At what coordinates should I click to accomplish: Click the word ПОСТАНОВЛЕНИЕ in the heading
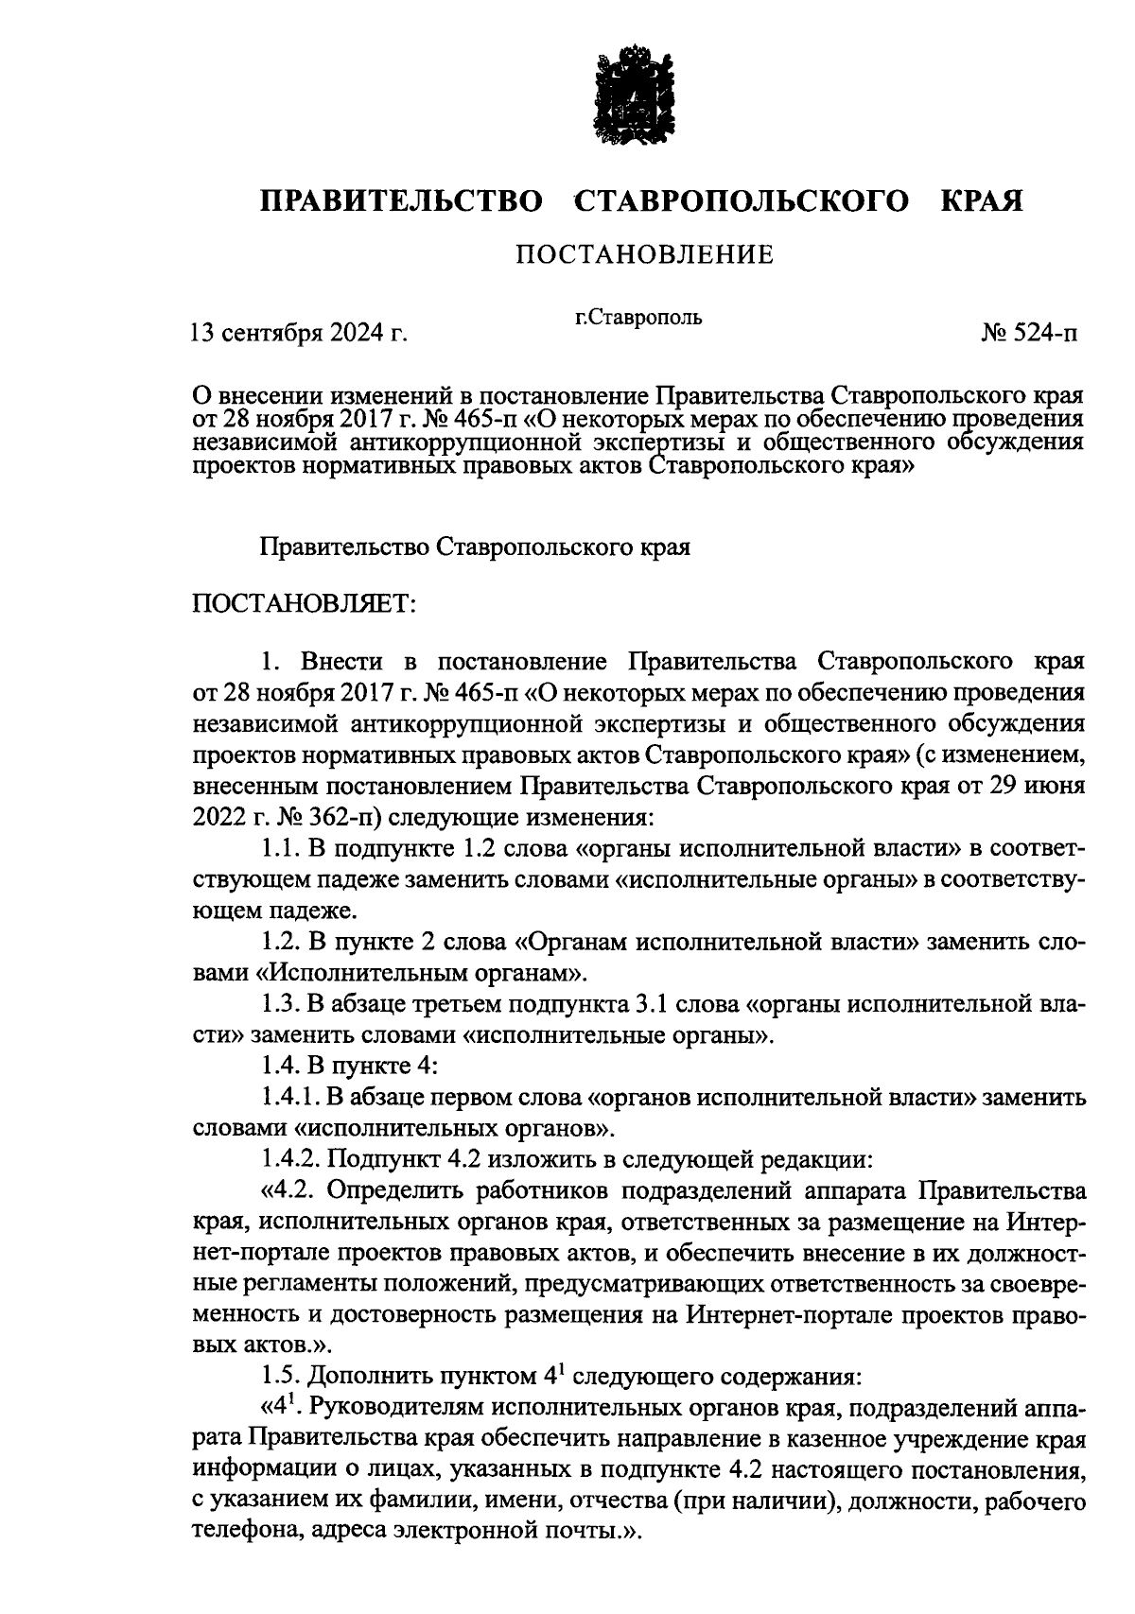(643, 254)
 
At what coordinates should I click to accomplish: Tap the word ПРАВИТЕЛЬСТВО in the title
(403, 200)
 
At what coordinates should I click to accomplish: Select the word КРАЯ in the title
(982, 200)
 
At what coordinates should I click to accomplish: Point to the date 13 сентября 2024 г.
(300, 333)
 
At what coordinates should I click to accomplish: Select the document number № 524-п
(1032, 333)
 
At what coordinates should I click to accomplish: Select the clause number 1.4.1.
(291, 1097)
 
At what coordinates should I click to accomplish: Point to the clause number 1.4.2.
(291, 1158)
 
